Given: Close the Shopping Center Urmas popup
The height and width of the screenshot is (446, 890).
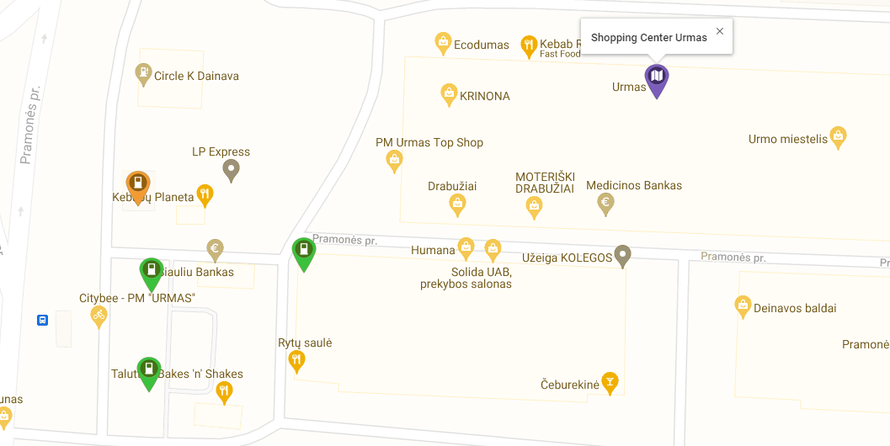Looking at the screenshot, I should coord(719,31).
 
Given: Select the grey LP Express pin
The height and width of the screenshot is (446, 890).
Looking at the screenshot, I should coord(231,168).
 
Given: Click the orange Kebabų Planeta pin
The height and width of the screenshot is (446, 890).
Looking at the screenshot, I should coord(138,184).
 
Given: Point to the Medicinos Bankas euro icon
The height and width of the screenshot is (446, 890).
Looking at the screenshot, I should coord(605,202).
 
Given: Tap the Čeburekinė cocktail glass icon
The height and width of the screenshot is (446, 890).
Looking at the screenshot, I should coord(610,381).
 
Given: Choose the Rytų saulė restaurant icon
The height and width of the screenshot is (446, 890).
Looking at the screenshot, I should coord(296,360).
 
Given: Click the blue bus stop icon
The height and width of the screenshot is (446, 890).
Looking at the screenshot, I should coord(42,320).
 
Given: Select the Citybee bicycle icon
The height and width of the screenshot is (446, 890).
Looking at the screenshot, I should coord(99,315).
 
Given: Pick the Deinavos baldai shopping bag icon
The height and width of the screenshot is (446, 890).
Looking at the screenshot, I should coord(743,305).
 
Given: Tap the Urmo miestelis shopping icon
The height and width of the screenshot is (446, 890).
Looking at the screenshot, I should coord(838,135).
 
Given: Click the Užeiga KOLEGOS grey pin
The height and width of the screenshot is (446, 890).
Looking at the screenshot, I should coord(622,254).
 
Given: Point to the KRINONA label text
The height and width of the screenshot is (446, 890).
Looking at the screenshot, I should coord(485,96).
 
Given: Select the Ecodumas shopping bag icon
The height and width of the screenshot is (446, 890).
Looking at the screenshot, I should coord(443,42).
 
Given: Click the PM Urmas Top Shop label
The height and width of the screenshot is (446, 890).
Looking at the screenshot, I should coord(429,142).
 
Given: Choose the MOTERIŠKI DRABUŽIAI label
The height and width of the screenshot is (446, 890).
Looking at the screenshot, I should coord(545,183).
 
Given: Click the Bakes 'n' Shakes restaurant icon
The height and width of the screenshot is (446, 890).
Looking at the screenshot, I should coord(224,390).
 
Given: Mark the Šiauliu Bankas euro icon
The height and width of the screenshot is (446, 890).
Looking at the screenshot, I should coord(216,248).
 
